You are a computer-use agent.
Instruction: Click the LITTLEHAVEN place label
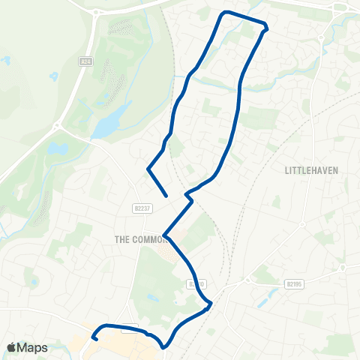point(311,170)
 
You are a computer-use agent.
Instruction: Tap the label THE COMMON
point(139,238)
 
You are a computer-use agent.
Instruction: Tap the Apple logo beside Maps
point(11,347)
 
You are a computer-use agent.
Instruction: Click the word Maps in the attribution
point(33,347)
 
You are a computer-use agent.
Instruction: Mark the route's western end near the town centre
point(94,338)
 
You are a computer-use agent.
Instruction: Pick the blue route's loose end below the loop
point(166,196)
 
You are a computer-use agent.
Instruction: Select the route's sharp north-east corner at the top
point(266,28)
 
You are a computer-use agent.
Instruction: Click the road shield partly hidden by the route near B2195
point(196,284)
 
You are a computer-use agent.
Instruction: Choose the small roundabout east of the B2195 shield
point(342,267)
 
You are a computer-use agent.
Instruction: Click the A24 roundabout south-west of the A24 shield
point(55,128)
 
